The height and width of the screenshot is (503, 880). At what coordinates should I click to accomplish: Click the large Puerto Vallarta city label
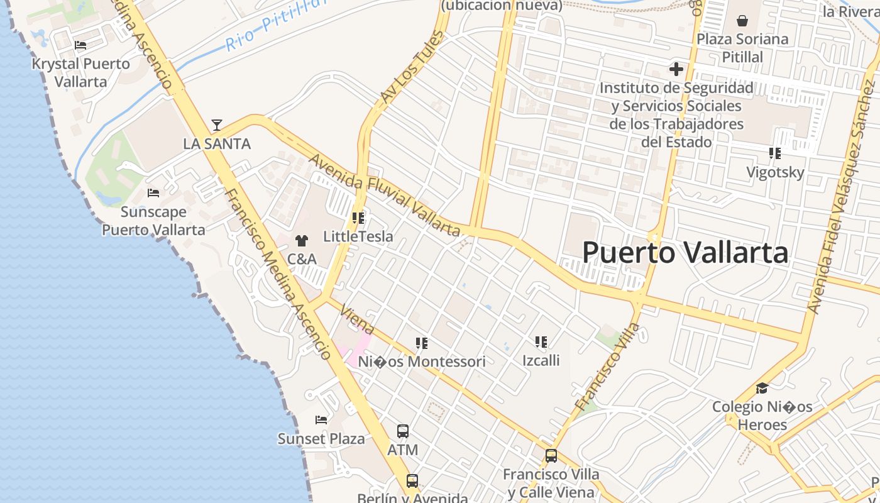click(x=685, y=253)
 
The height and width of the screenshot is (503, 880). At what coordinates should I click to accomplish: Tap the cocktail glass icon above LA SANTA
click(x=217, y=124)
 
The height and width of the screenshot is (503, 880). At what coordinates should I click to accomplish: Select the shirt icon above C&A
click(x=302, y=240)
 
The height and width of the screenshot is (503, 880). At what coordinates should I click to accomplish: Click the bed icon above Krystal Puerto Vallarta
click(x=80, y=45)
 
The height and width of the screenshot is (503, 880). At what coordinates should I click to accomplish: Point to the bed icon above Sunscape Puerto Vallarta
click(x=153, y=193)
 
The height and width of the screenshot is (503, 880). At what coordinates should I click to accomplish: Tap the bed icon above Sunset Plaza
click(x=321, y=420)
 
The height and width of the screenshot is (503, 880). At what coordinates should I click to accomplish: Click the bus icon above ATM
click(x=403, y=431)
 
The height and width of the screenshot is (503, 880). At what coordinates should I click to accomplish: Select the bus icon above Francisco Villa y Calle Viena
click(x=551, y=456)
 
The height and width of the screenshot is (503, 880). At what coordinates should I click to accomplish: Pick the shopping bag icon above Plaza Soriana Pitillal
click(x=742, y=21)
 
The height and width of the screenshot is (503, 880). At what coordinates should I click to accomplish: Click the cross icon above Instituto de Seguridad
click(x=676, y=69)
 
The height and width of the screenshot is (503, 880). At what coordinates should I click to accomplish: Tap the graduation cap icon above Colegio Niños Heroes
click(x=762, y=389)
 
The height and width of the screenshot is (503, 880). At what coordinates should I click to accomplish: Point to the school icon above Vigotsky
click(x=775, y=153)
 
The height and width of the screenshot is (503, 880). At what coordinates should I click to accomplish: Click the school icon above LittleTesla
click(x=358, y=218)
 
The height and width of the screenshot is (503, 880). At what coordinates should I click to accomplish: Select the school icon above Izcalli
click(x=541, y=342)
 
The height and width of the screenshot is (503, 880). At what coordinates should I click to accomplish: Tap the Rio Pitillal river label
click(x=277, y=24)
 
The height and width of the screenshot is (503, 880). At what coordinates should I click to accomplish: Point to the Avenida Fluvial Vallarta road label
click(x=385, y=195)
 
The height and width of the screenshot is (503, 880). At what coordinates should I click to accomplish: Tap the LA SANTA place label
click(x=217, y=144)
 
